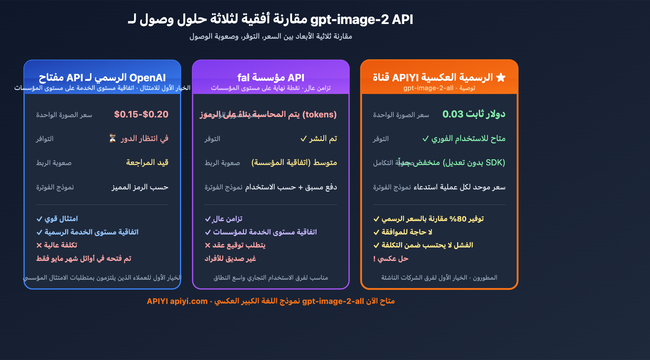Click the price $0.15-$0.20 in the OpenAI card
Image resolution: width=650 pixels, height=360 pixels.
[141, 115]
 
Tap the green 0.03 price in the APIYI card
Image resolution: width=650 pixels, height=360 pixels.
[453, 114]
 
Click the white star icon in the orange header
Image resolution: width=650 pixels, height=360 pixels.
[501, 77]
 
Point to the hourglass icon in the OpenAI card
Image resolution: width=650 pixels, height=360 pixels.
[113, 139]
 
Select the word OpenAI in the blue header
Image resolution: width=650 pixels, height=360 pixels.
[147, 78]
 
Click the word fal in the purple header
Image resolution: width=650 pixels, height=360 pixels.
[243, 78]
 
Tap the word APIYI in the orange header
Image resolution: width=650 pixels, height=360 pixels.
[405, 78]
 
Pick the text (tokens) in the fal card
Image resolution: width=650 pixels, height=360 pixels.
[320, 115]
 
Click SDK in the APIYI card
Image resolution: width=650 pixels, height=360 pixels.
[495, 163]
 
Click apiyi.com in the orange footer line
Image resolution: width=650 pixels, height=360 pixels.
[188, 301]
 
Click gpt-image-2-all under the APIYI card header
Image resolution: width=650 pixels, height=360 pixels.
[428, 88]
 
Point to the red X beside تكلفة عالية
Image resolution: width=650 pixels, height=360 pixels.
[39, 245]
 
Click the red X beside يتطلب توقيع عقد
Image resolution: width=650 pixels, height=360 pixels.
[208, 245]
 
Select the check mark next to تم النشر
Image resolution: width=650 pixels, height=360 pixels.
[303, 139]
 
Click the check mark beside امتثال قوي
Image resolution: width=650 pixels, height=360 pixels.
[39, 219]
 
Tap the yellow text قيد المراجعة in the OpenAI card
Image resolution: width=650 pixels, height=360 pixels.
[147, 163]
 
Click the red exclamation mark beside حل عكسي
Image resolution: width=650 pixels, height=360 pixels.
[375, 259]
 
